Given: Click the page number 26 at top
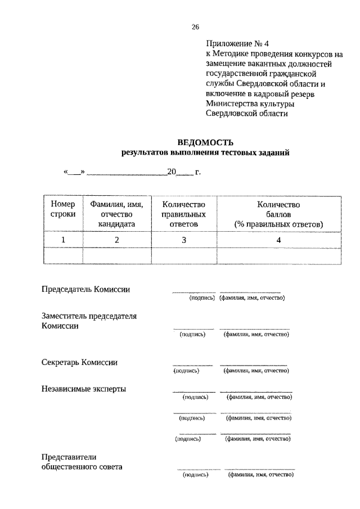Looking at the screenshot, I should (195, 26).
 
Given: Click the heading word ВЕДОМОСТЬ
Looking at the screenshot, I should (205, 142).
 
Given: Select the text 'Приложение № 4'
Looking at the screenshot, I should (234, 43).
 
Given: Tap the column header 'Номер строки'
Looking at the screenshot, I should (63, 214).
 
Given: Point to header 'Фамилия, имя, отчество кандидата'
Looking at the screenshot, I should (117, 214).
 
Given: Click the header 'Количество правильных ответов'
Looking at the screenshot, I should (183, 214).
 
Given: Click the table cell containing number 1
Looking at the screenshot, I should (63, 240).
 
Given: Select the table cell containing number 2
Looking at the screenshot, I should (117, 240).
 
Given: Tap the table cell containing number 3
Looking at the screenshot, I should (183, 240).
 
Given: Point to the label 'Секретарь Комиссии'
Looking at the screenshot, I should (80, 362).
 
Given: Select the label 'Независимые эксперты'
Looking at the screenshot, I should (84, 389).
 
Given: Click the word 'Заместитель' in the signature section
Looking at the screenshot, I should (65, 316).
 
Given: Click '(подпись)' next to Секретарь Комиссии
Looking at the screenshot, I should (188, 371).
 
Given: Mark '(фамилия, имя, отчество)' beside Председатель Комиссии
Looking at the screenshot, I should (252, 298).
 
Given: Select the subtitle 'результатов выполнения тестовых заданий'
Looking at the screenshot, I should (205, 152).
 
